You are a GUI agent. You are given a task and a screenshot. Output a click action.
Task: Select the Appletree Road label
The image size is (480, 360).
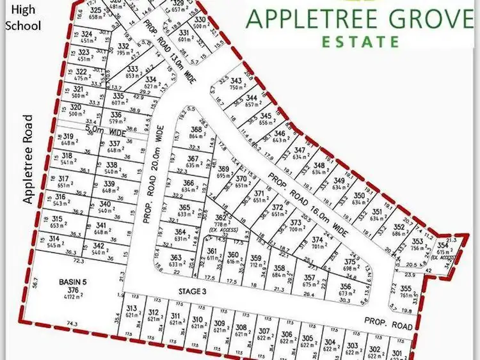pyautogui.click(x=27, y=159)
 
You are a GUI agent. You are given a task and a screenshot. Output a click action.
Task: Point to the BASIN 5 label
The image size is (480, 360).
pyautogui.click(x=72, y=281)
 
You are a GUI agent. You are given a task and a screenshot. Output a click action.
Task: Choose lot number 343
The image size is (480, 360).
pyautogui.click(x=237, y=81)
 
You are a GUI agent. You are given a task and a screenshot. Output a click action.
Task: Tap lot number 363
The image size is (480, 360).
pyautogui.click(x=176, y=258)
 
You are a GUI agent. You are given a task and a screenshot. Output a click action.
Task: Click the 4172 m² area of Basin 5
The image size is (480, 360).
pyautogui.click(x=72, y=296)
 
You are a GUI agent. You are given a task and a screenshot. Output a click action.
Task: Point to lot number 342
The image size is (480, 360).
pyautogui.click(x=98, y=246)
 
